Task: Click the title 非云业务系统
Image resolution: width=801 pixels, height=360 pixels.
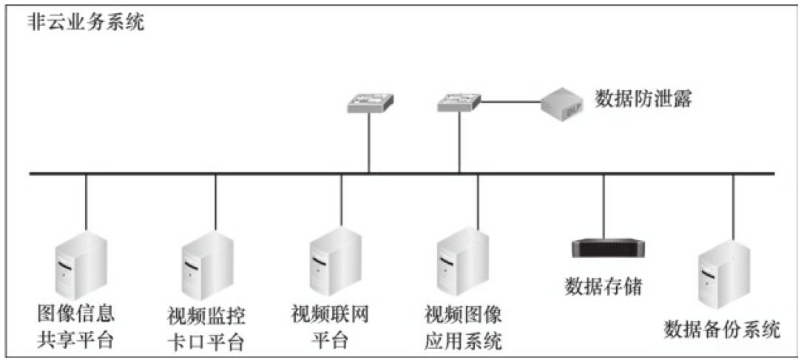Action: coord(86,23)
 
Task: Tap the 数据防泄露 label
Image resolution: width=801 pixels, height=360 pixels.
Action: coord(642,99)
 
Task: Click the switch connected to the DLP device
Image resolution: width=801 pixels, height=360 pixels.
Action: coord(459,103)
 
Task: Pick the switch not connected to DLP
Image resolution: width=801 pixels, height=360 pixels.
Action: coord(369,103)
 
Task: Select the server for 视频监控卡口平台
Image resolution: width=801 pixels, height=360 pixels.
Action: coord(207,265)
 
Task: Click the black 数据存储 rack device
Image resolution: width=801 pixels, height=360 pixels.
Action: coord(608,248)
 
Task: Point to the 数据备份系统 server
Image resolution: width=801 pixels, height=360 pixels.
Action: coord(724,275)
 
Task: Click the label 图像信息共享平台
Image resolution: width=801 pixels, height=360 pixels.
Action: coord(75,327)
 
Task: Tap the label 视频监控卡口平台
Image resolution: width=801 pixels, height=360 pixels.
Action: coord(206,330)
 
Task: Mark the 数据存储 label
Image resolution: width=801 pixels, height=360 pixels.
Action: coord(603,286)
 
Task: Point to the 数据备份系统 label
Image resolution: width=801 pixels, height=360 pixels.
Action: coord(722,330)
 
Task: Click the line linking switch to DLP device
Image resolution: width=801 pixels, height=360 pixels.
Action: coord(511,102)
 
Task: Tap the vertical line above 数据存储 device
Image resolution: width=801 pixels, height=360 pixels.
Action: coord(604,207)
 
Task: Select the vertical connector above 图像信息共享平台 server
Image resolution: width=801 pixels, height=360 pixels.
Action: coord(86,203)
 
